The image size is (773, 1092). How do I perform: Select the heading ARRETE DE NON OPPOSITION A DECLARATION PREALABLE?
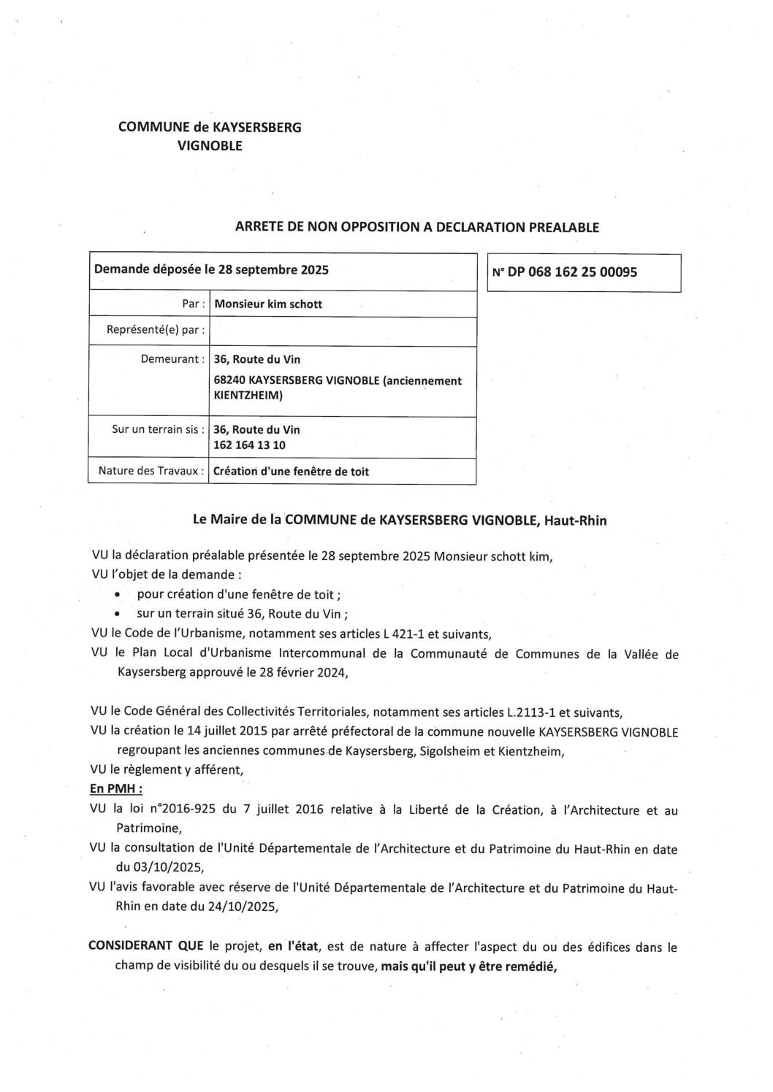416,227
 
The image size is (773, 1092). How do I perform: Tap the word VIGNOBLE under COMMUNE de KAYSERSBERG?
210,146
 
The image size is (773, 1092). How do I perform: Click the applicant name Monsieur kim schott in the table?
268,304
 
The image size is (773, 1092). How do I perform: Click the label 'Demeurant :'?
172,359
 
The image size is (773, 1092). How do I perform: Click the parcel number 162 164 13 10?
249,445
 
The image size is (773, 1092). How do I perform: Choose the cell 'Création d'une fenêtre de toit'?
291,472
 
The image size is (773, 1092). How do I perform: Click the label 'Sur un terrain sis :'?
158,429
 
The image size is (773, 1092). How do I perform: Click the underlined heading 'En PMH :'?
115,789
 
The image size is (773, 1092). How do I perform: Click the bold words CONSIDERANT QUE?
146,947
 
